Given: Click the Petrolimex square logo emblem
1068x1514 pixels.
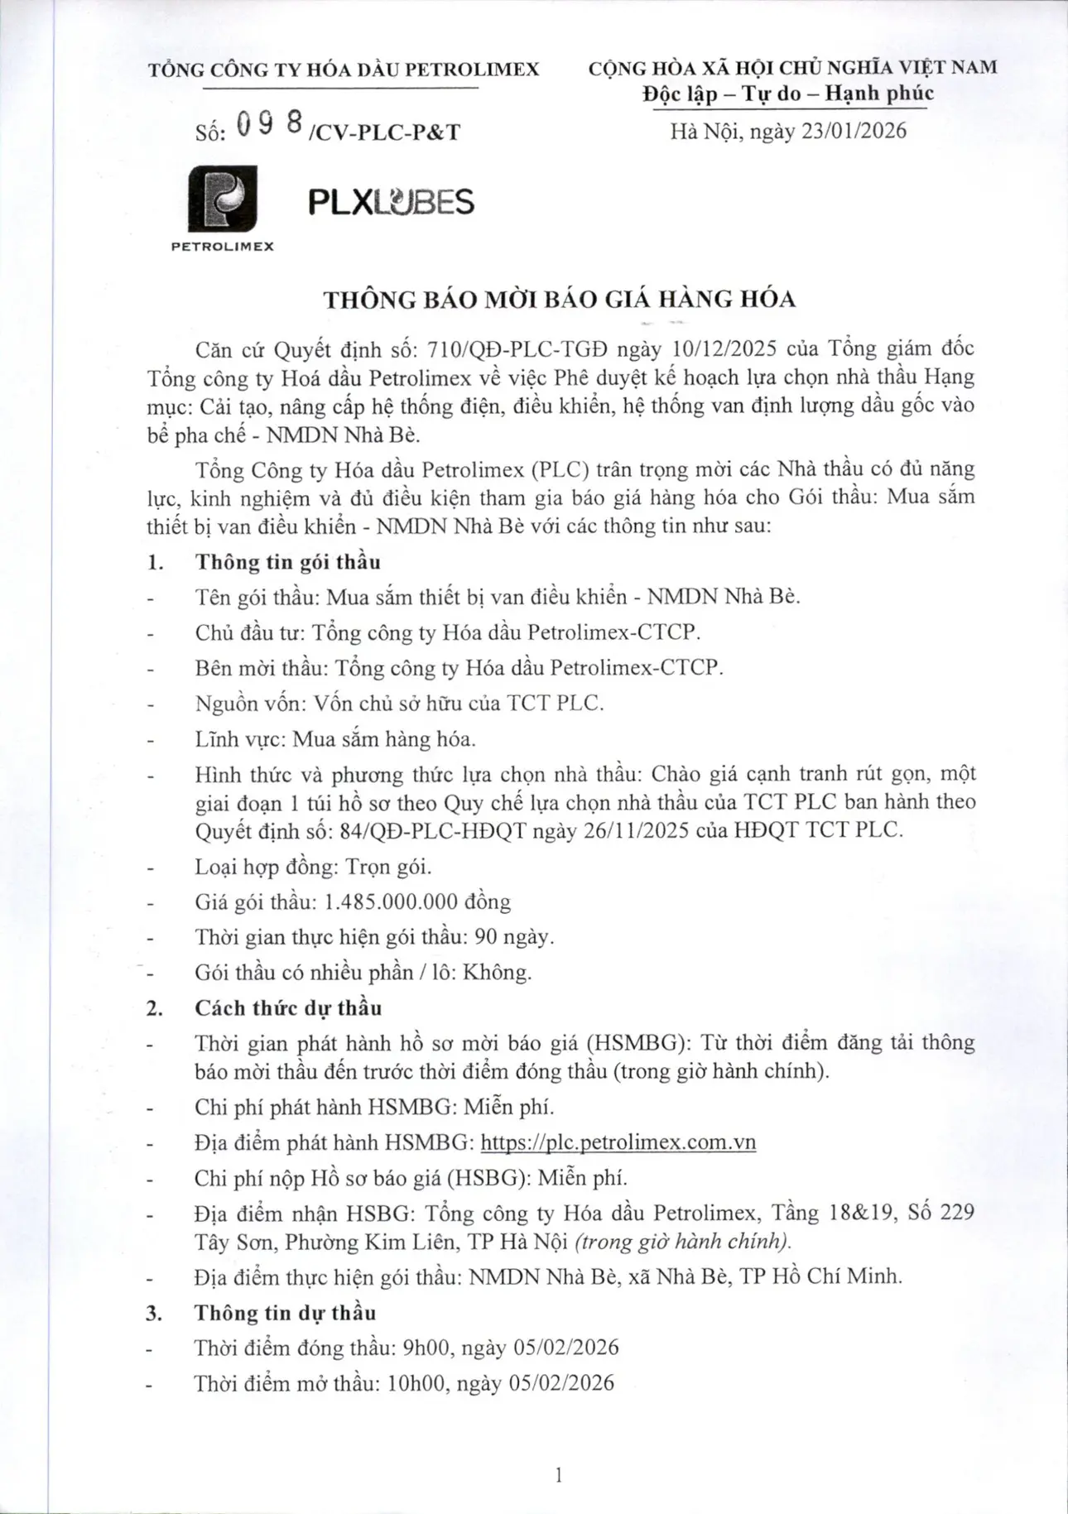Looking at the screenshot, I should point(222,199).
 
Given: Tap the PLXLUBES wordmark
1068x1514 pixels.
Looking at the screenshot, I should point(391,202).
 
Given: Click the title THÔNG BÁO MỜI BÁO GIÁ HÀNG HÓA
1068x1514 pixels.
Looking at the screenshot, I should point(560,299).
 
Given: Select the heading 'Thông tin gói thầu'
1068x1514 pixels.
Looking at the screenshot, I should point(287,562).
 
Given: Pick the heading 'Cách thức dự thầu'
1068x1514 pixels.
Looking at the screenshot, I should point(288,1008).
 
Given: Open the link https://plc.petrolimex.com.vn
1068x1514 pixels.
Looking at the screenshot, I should point(618,1142).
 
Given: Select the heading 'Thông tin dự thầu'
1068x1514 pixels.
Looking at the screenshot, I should point(285,1313).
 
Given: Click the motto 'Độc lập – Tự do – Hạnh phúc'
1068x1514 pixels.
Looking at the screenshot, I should point(788,94).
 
